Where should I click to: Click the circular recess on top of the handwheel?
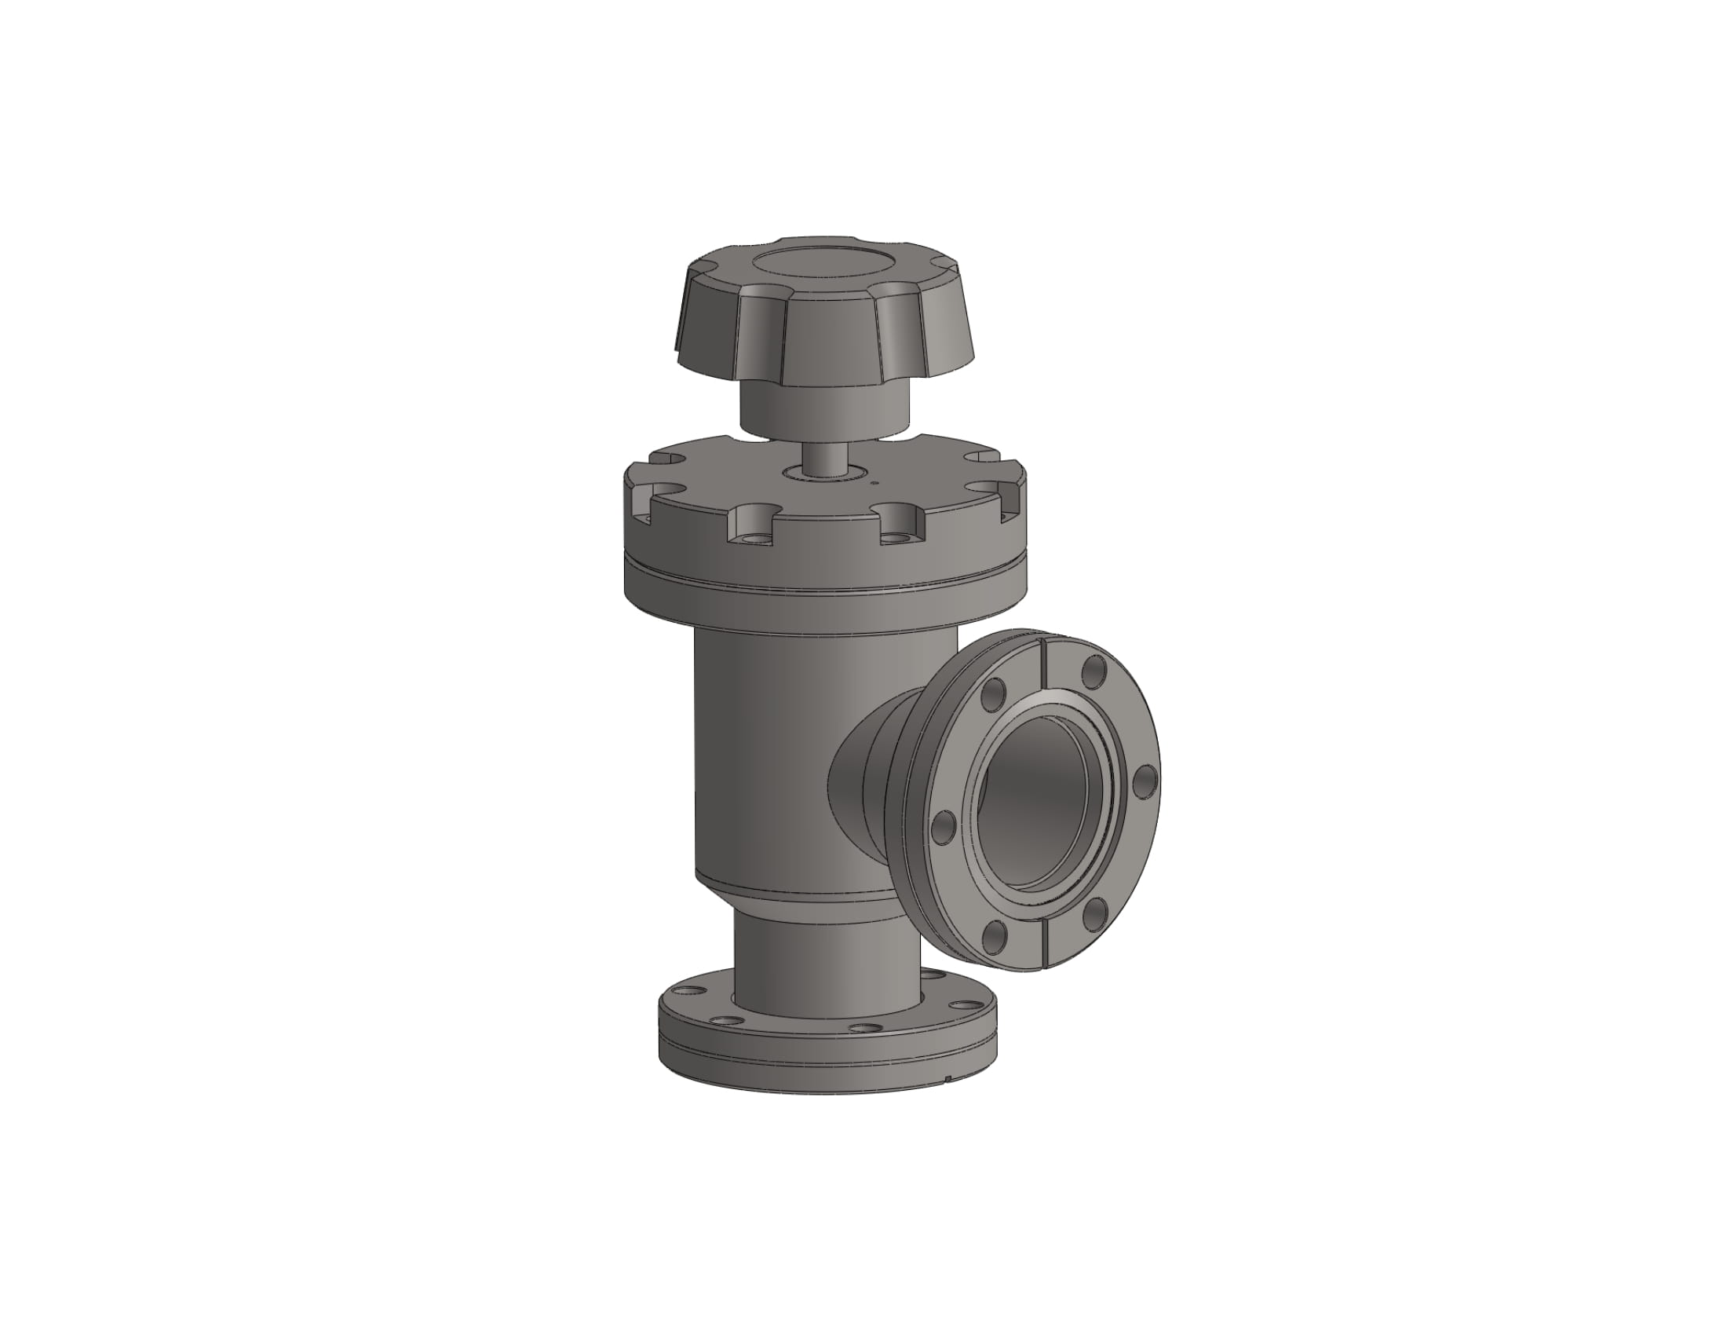tap(823, 266)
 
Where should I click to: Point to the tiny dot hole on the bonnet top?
tap(874, 478)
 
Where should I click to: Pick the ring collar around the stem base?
tap(823, 473)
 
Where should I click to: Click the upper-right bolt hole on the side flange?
tap(1094, 672)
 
